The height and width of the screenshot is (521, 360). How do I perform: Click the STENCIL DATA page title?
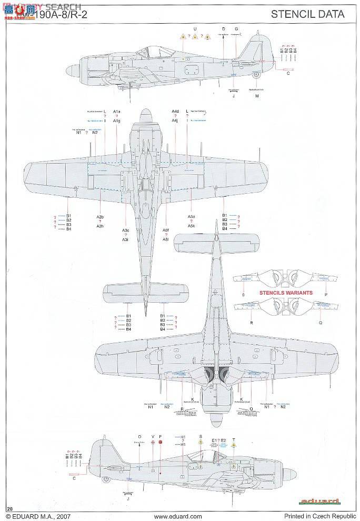[308, 14]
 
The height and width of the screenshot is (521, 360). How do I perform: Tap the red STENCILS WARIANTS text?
[285, 293]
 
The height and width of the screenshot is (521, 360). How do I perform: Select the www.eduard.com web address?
[178, 516]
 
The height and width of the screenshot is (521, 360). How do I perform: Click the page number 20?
[9, 508]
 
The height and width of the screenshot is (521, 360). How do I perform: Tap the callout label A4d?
[175, 112]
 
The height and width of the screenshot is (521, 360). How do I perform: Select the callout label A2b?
[100, 217]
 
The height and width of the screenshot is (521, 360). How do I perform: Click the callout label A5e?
[192, 217]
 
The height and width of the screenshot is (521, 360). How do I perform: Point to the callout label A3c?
[125, 231]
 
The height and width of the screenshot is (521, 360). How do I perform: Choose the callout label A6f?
[166, 231]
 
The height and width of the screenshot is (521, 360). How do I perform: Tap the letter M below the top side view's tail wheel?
[257, 96]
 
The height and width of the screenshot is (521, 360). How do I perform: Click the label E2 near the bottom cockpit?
[223, 440]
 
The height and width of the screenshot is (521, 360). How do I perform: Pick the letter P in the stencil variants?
[326, 295]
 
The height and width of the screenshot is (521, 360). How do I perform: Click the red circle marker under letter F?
[161, 443]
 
